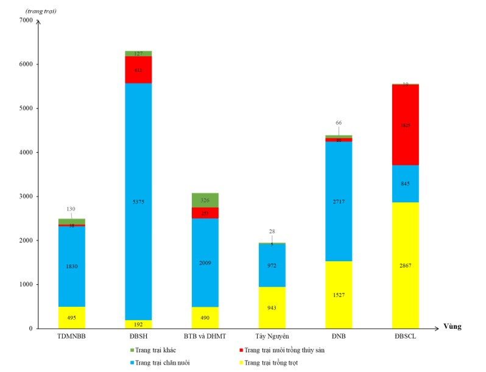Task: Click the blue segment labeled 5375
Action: coord(138,202)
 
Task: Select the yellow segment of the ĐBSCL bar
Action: coord(405,265)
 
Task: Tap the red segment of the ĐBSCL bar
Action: coord(405,125)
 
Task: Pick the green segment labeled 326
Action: coord(205,200)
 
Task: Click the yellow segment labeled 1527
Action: coord(338,295)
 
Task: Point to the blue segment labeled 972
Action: coord(272,265)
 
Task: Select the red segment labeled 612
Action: coord(138,69)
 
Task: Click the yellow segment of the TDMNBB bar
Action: coord(71,317)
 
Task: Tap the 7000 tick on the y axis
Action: coord(26,20)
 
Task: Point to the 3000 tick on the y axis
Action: coord(26,197)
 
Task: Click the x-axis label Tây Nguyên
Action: coord(272,336)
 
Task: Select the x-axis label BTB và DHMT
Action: coord(205,336)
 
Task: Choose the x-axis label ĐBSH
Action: coord(138,336)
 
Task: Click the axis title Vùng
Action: coord(452,326)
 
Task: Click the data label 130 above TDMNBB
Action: coord(71,209)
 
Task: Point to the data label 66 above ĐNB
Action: coord(338,122)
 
